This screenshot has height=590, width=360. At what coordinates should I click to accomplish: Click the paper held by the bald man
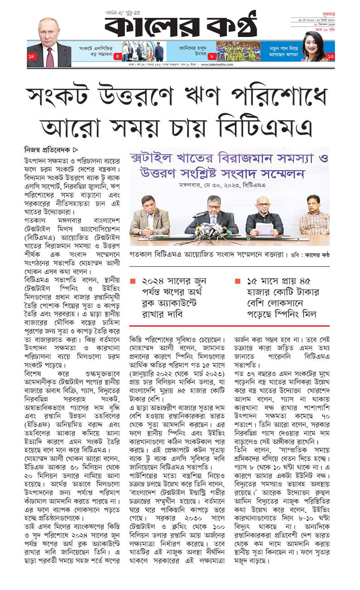[x=264, y=228]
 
